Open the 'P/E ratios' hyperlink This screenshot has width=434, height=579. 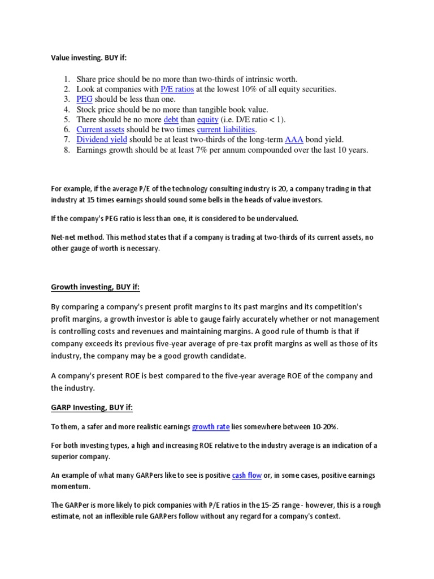(x=177, y=89)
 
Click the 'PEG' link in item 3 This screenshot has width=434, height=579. (x=84, y=100)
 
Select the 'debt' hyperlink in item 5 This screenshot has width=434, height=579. (x=171, y=120)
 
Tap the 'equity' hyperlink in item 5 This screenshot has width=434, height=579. (x=208, y=120)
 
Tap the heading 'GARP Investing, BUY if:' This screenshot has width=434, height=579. (x=92, y=408)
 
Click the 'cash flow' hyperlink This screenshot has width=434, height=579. (x=247, y=476)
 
